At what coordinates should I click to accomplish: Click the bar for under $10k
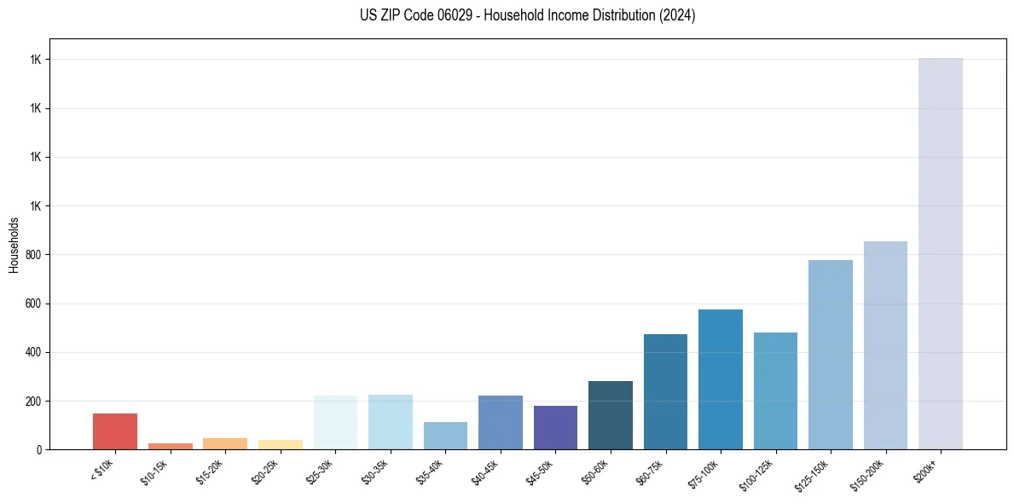click(115, 431)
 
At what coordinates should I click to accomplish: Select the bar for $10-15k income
click(170, 446)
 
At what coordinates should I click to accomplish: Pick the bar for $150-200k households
click(885, 345)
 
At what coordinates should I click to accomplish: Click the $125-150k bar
click(831, 355)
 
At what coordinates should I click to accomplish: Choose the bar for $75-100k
click(721, 379)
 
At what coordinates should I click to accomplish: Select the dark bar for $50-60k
click(611, 415)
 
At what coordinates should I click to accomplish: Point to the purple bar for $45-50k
click(555, 428)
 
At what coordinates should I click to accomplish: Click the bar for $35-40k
click(445, 436)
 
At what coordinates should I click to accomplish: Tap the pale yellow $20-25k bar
click(280, 444)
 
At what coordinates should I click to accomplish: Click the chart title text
click(527, 15)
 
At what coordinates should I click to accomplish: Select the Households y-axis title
click(14, 245)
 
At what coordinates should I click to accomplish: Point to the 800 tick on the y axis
click(32, 255)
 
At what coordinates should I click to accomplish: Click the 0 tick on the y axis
click(38, 449)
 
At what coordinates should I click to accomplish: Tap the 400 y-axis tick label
click(32, 352)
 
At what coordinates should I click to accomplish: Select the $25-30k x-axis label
click(320, 470)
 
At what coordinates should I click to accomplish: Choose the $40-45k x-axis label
click(484, 470)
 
